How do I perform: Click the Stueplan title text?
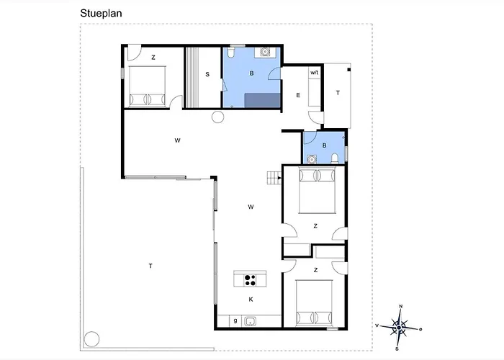[101, 14]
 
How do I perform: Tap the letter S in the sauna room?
[207, 74]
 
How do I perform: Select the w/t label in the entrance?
[315, 73]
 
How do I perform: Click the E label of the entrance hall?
[298, 95]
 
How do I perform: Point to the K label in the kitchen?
[251, 300]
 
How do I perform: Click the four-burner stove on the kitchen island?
[250, 280]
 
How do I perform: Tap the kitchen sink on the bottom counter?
[250, 321]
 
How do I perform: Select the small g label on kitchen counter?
[235, 320]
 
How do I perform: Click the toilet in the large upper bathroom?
[231, 53]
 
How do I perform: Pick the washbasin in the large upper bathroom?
[265, 52]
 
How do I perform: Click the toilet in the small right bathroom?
[335, 158]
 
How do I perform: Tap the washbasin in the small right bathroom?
[312, 159]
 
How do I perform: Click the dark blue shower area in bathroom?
[263, 100]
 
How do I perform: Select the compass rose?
[399, 328]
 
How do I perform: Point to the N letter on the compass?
[400, 306]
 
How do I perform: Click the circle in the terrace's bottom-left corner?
[91, 339]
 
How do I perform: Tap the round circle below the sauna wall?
[217, 117]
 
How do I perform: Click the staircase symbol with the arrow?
[274, 178]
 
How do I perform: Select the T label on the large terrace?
[150, 266]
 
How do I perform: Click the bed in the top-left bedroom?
[147, 86]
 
